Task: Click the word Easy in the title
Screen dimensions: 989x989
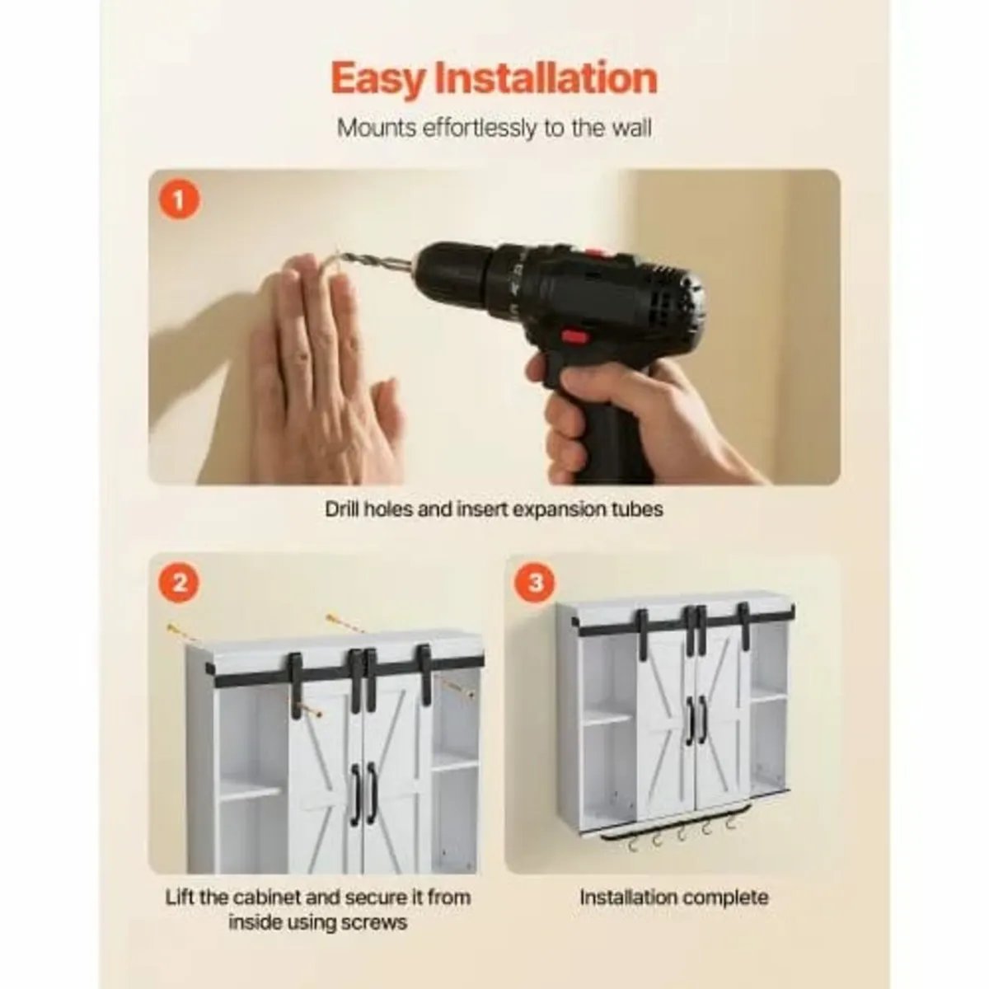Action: (x=377, y=79)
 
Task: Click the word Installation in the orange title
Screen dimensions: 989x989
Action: (x=546, y=79)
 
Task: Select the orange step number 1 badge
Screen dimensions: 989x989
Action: (x=180, y=199)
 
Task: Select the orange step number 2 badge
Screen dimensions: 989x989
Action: (x=180, y=584)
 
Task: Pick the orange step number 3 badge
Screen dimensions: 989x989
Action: (x=535, y=584)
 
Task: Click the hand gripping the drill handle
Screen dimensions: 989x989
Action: (x=626, y=412)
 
